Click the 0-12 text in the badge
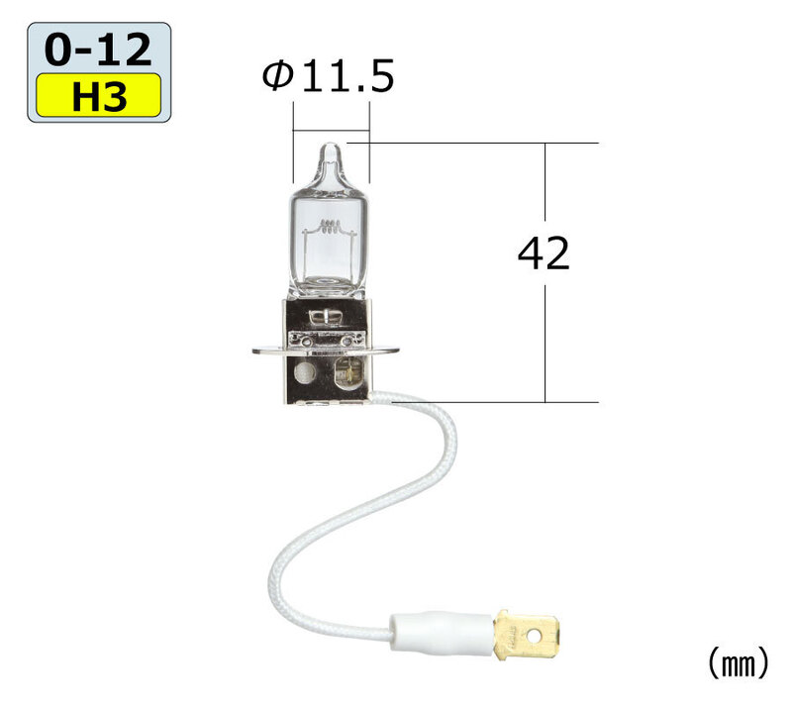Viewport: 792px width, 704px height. coord(98,49)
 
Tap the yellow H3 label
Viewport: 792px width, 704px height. coord(98,95)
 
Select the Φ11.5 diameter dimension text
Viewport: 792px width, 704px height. coord(328,76)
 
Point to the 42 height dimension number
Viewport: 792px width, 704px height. coord(544,253)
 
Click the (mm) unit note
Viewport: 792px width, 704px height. coord(739,663)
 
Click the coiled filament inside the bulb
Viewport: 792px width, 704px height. coord(329,227)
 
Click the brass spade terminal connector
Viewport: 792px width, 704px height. coord(527,634)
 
